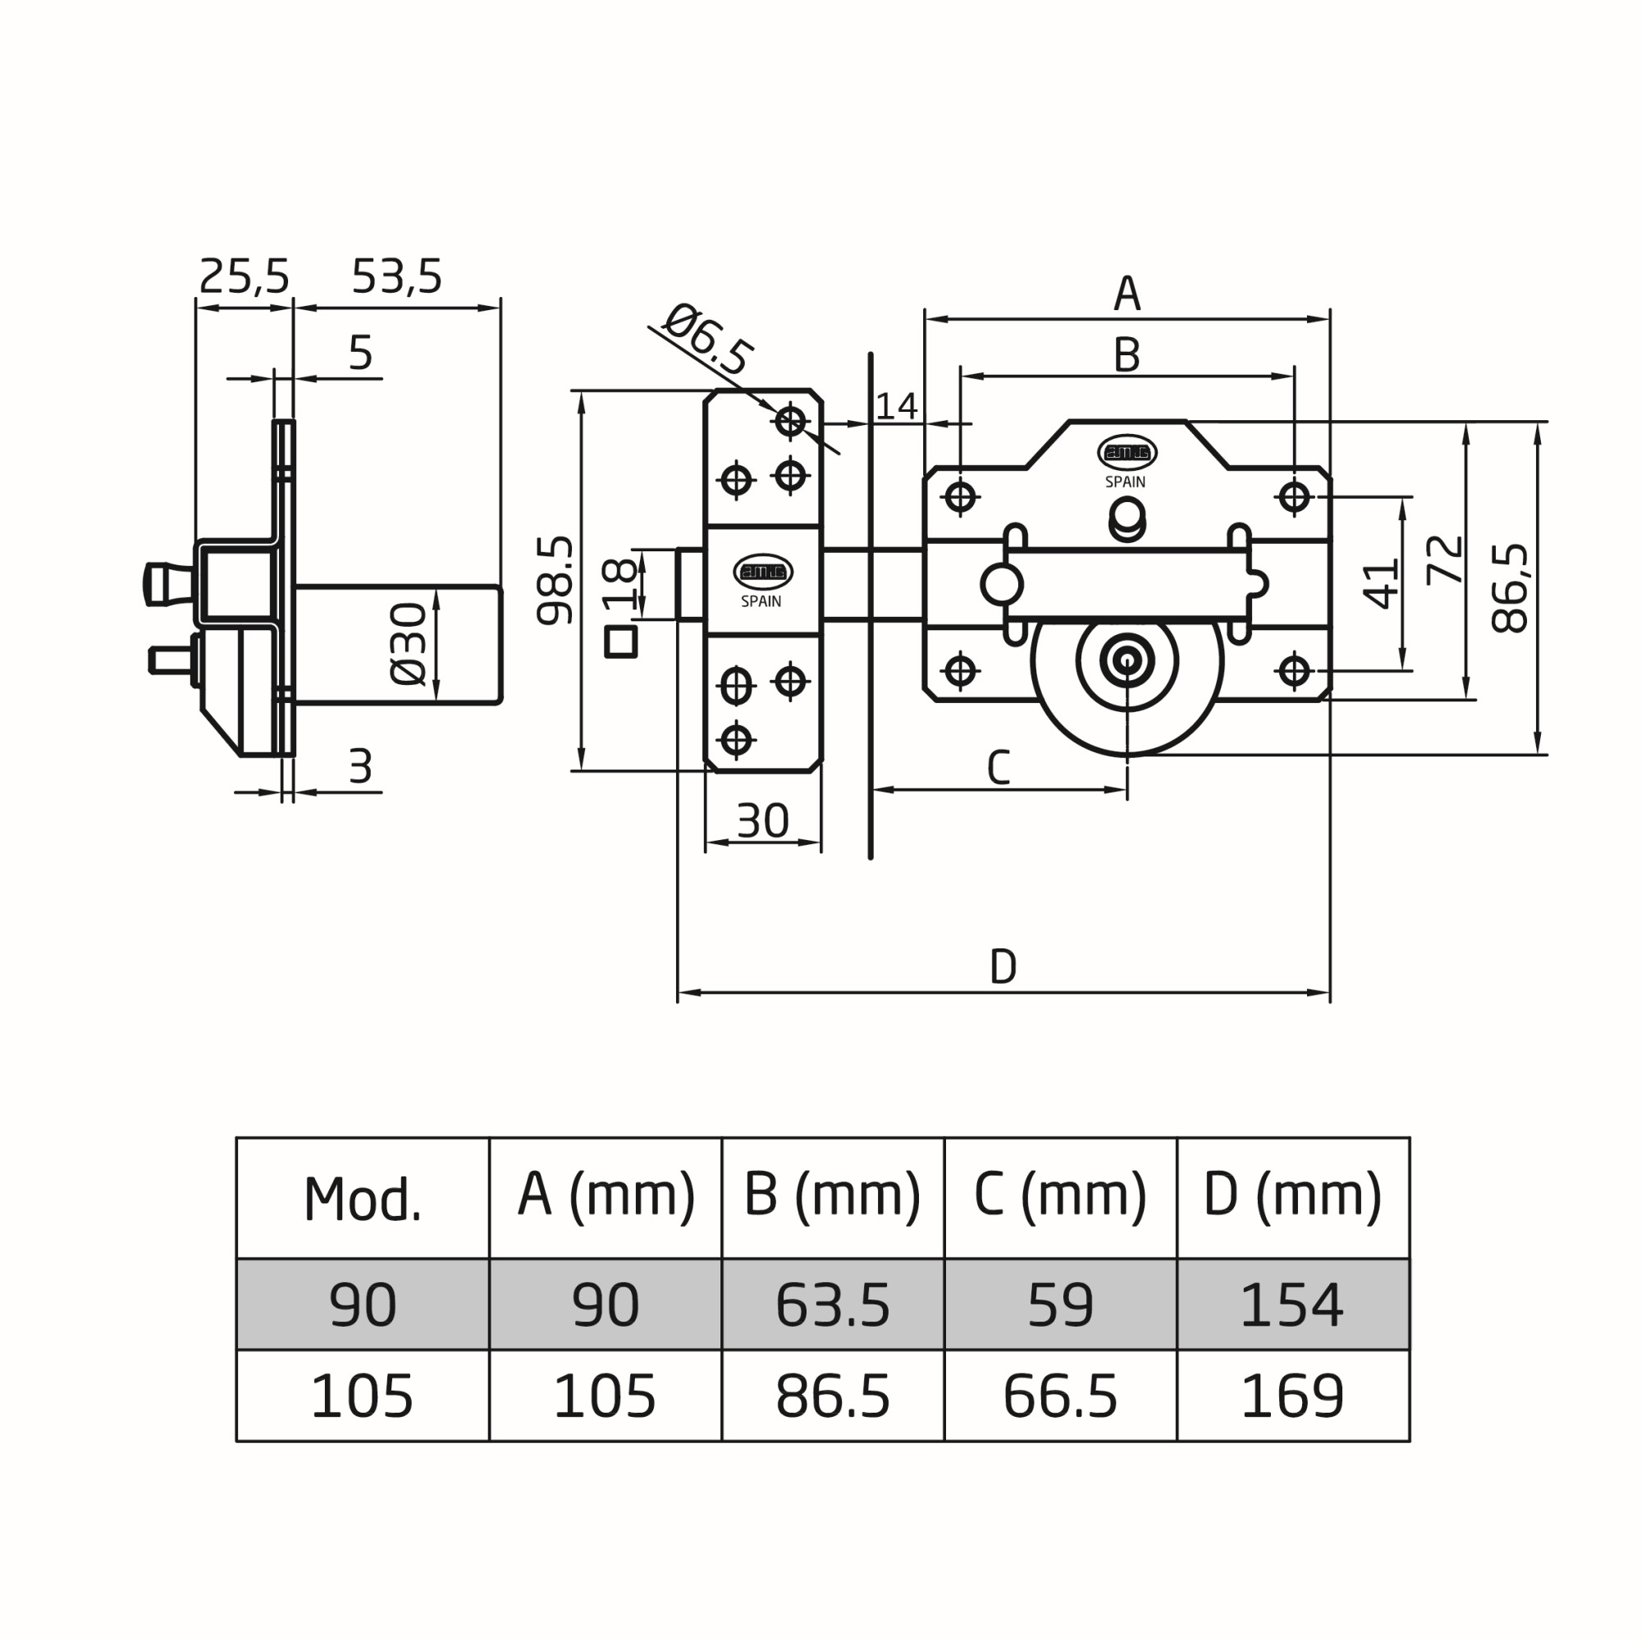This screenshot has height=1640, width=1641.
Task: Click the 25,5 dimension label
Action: point(245,276)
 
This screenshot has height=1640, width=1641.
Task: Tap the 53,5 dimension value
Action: point(396,276)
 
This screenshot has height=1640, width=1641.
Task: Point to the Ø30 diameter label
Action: point(409,643)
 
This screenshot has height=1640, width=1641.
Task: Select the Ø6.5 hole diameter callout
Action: point(706,340)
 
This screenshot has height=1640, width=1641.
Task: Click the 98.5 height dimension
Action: point(555,580)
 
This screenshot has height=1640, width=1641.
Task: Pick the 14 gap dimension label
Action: point(896,407)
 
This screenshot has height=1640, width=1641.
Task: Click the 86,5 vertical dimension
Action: point(1511,587)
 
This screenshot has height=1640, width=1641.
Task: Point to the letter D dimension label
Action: point(1003,966)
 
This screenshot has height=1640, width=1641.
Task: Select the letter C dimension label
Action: point(998,768)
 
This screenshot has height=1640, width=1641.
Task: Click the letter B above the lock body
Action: point(1127,356)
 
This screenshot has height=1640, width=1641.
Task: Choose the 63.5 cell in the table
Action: point(832,1305)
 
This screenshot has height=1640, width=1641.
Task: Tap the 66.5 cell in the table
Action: point(1060,1397)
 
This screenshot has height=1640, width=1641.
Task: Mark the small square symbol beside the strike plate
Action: point(621,642)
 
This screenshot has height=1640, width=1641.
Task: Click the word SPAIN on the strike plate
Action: point(761,601)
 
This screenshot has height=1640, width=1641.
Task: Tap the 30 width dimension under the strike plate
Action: point(763,821)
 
